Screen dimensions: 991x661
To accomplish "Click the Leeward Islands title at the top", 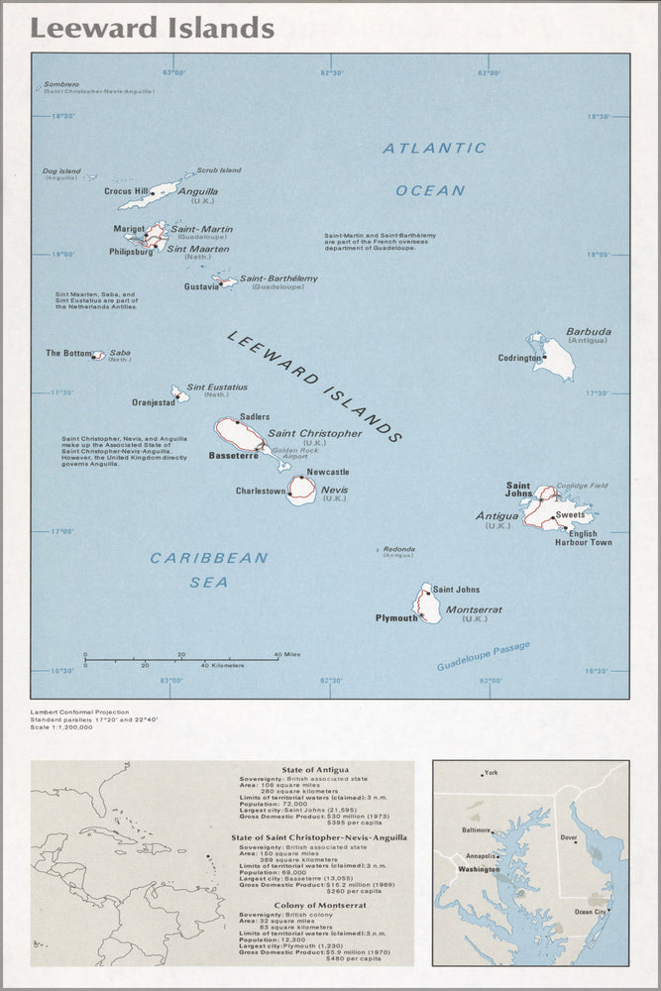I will point(152,29).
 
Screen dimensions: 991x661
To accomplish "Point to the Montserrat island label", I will point(474,609).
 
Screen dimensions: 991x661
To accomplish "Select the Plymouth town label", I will point(396,618).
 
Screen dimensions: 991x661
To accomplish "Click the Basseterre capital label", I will point(233,456).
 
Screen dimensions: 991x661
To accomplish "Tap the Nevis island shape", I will point(302,490).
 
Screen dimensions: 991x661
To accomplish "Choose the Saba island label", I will point(120,353).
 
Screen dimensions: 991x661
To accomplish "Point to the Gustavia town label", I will point(201,286).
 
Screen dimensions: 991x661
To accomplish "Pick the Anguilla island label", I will point(198,191).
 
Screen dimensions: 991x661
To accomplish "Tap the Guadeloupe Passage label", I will point(484,656).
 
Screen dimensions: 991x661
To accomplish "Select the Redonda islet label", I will point(399,548).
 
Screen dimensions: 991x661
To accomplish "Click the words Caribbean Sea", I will point(209,570).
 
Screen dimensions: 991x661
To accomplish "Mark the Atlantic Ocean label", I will point(434,168).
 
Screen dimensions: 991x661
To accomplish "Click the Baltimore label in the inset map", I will point(477,829).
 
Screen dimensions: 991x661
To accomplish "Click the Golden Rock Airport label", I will point(294,453).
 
